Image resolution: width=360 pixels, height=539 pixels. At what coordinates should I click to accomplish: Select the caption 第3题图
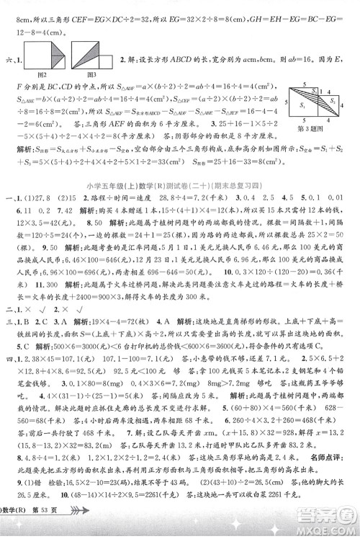pos(317,129)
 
